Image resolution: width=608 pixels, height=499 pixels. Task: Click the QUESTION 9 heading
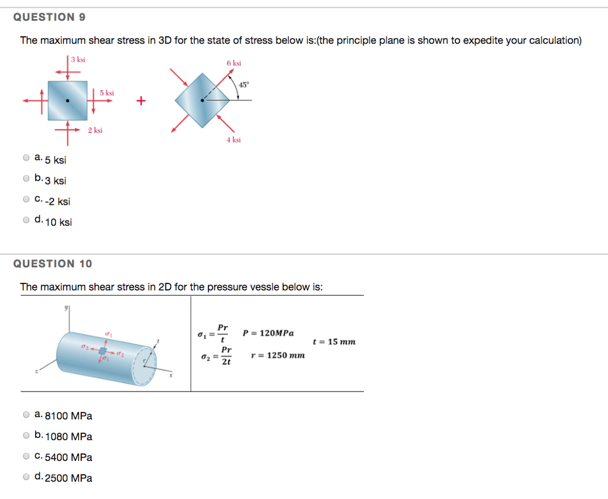(49, 17)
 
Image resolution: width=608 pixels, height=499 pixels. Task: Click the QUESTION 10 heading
(52, 263)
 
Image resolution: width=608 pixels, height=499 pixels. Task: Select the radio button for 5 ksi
(26, 158)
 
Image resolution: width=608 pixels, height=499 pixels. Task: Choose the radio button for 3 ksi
(26, 178)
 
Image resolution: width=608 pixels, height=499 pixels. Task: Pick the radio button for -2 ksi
(26, 199)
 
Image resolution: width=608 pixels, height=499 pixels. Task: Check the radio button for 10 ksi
(26, 220)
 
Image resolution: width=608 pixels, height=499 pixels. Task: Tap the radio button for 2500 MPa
(26, 476)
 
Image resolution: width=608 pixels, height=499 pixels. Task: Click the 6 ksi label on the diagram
(233, 64)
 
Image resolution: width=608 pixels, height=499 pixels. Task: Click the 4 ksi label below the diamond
(233, 140)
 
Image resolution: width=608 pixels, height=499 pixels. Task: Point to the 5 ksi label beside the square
(107, 93)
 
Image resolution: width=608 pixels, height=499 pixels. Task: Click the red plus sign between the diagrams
(141, 101)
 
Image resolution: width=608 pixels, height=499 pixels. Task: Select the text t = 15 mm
(334, 342)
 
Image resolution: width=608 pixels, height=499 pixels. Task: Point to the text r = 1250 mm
(278, 355)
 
